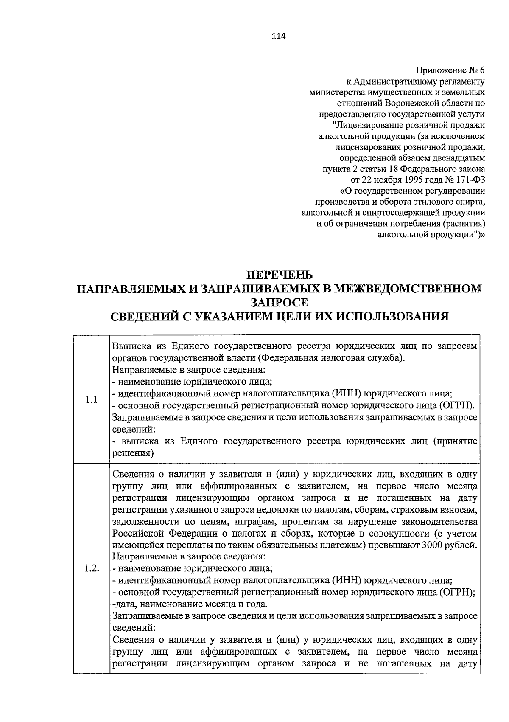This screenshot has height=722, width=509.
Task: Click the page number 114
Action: click(x=279, y=37)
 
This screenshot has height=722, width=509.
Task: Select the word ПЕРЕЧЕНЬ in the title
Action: click(x=280, y=275)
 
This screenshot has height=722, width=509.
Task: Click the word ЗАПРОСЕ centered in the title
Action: click(x=279, y=303)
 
